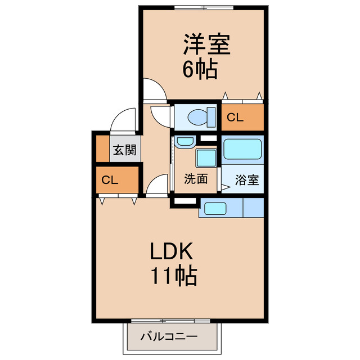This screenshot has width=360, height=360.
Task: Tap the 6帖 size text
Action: [200, 69]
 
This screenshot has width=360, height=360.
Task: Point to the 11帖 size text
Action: [173, 276]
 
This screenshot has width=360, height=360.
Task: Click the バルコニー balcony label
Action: [169, 337]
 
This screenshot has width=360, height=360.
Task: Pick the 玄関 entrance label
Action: [124, 150]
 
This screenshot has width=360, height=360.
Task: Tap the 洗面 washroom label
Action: [196, 179]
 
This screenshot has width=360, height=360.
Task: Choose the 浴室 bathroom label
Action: [247, 180]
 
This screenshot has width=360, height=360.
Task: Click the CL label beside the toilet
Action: [235, 118]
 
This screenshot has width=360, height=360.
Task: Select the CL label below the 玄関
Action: [110, 181]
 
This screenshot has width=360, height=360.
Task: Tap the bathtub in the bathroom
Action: [242, 149]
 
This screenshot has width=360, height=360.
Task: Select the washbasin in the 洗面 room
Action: [183, 141]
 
